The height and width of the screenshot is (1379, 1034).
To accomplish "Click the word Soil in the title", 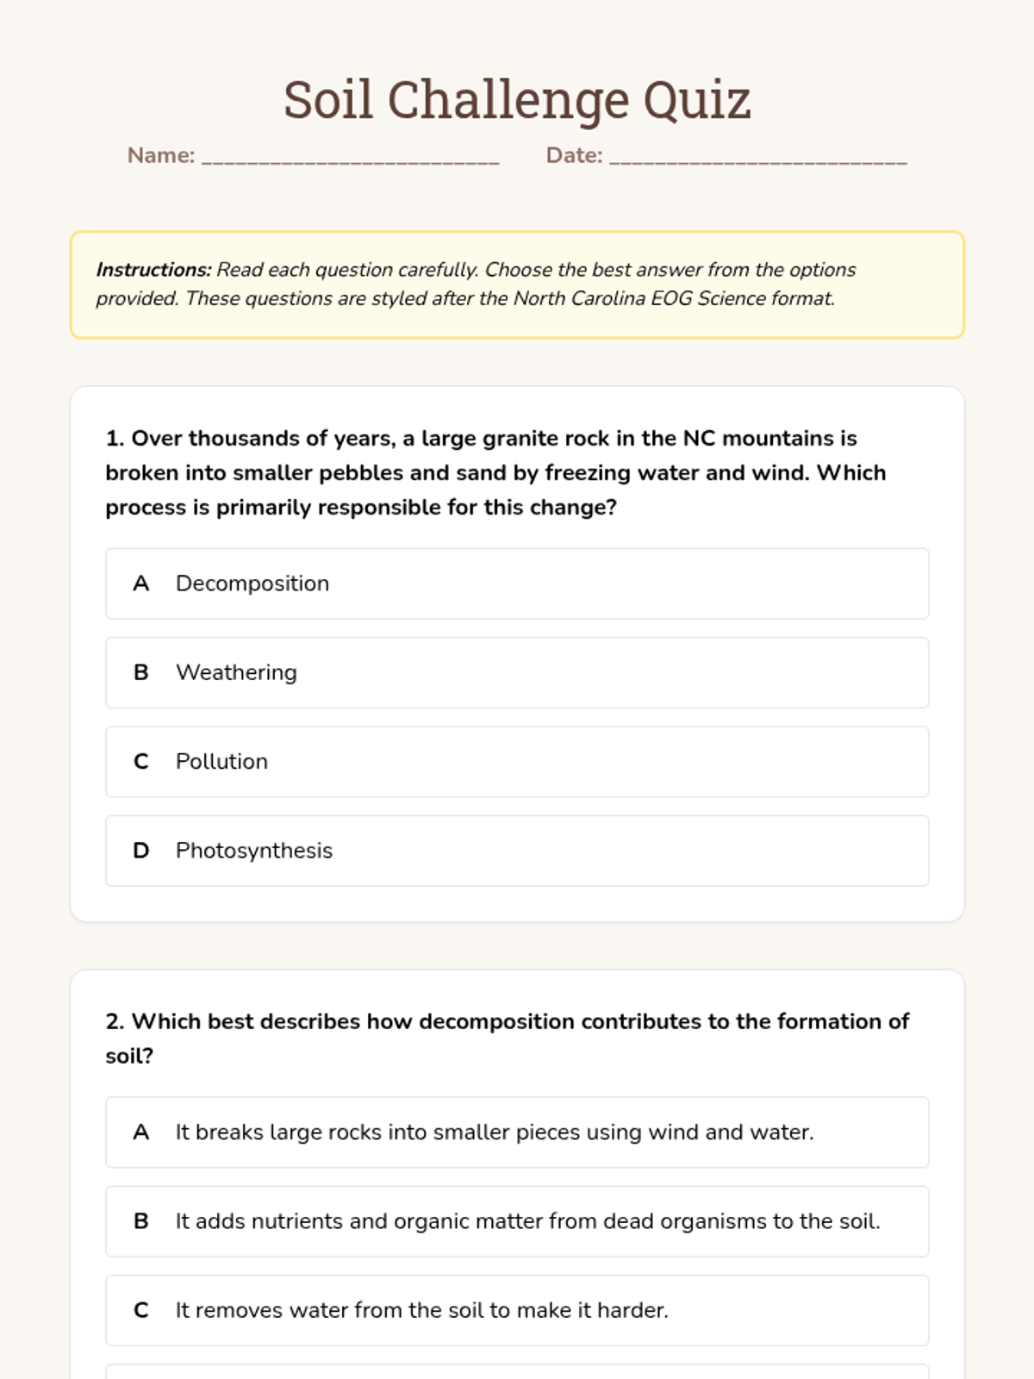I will [x=328, y=100].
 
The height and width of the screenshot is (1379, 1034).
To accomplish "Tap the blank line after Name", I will [x=350, y=157].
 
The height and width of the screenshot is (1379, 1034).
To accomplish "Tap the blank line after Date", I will [x=758, y=157].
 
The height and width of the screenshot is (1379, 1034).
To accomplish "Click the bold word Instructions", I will [x=153, y=270].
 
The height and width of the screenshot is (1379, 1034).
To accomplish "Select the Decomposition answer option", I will [x=517, y=583].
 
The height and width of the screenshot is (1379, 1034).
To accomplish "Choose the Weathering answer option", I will [x=517, y=672].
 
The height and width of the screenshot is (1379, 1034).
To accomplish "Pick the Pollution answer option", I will [x=517, y=762].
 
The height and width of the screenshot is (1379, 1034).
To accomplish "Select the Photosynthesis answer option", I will [x=517, y=851].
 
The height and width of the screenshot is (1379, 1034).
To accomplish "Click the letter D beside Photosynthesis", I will [x=141, y=851].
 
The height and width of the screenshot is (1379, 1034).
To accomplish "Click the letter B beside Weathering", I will [x=141, y=672].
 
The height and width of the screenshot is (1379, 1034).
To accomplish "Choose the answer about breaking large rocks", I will [x=517, y=1133].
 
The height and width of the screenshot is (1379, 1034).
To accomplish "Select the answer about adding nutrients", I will [x=517, y=1221].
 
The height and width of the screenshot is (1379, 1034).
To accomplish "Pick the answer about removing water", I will [x=517, y=1310].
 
